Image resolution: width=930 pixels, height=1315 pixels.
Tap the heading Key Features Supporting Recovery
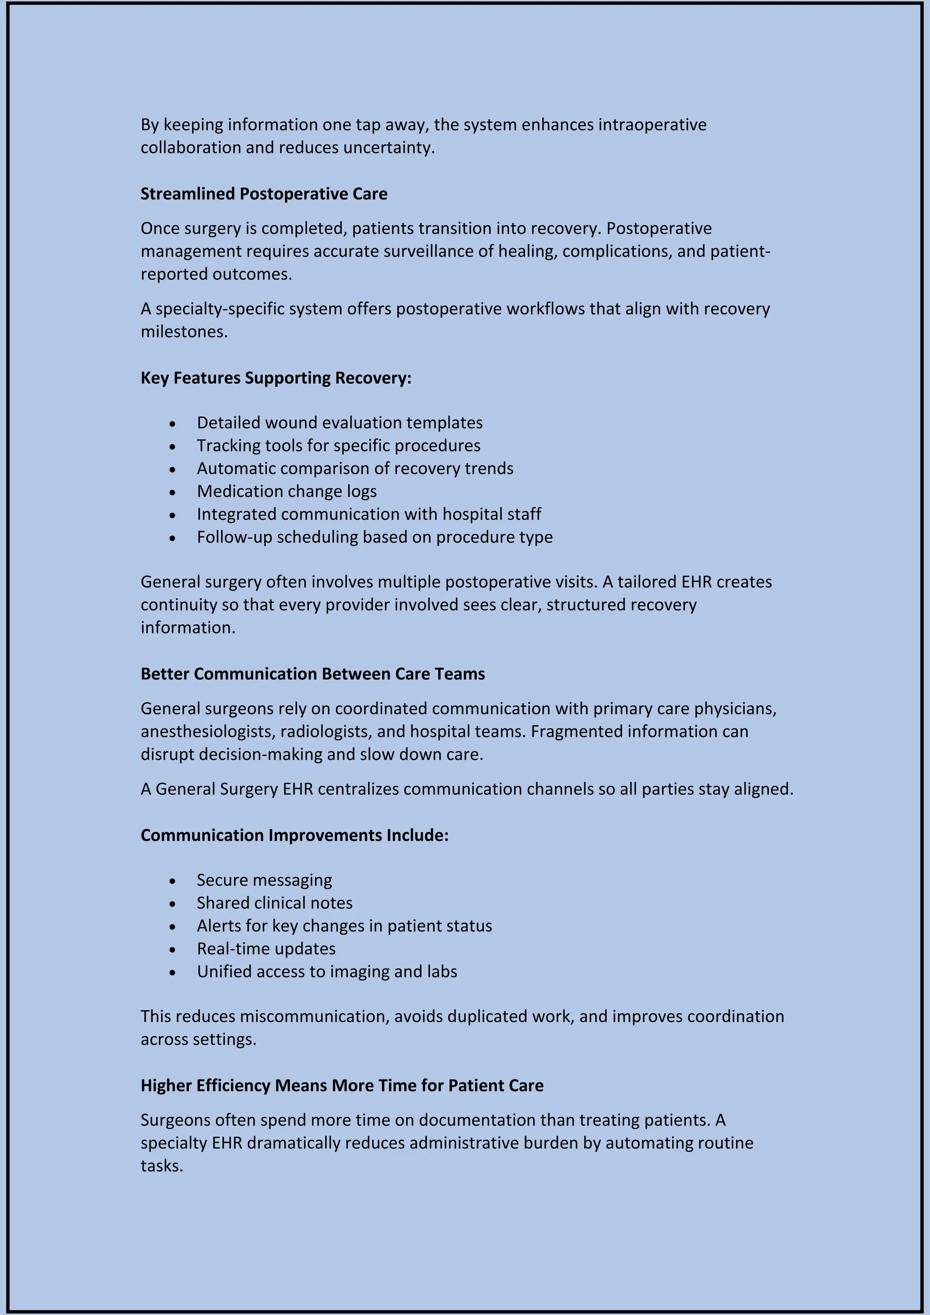pyautogui.click(x=276, y=378)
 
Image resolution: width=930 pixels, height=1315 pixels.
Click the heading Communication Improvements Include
pyautogui.click(x=294, y=835)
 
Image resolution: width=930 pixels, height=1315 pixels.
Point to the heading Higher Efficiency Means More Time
pyautogui.click(x=341, y=1085)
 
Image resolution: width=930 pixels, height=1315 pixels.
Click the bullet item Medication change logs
pyautogui.click(x=287, y=491)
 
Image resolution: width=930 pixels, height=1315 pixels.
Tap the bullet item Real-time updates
pyautogui.click(x=266, y=949)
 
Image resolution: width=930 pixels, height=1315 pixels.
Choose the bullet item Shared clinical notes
pyautogui.click(x=274, y=903)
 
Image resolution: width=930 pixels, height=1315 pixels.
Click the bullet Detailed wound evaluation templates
pyautogui.click(x=339, y=423)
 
